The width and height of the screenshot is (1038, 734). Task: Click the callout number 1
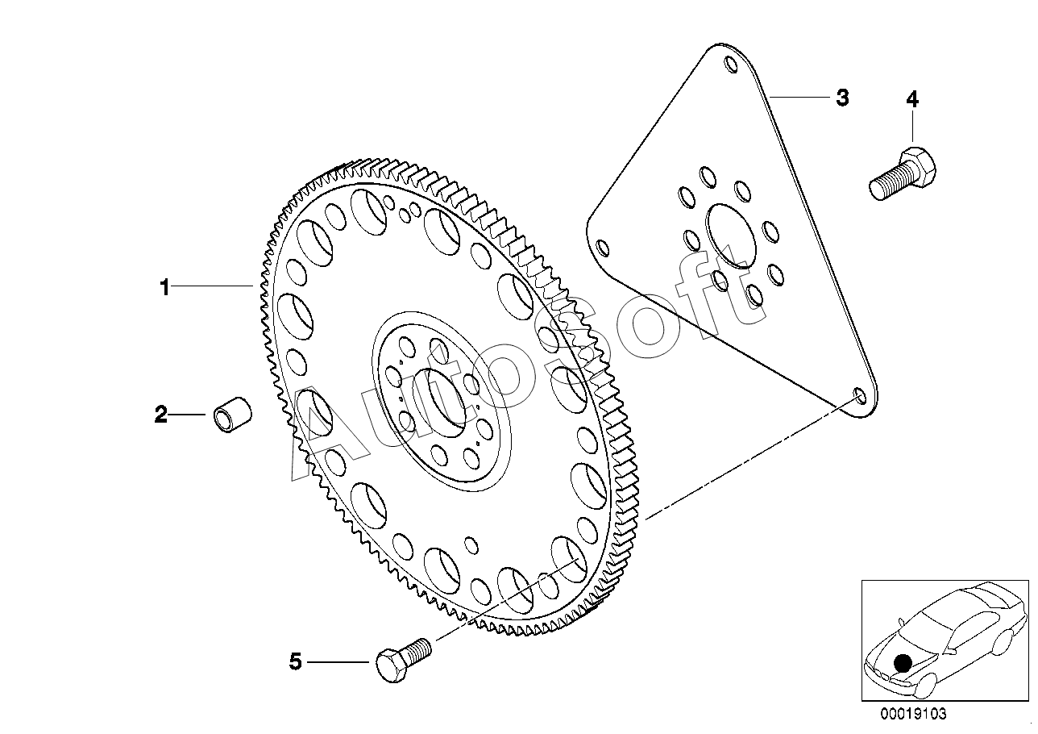click(x=164, y=287)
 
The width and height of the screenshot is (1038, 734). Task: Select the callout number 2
click(x=161, y=415)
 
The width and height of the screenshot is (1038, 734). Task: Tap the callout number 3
click(x=841, y=98)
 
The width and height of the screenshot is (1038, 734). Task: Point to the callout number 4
click(x=911, y=99)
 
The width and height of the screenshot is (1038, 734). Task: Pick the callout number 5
click(x=295, y=663)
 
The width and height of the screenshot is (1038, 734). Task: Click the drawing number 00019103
click(x=912, y=715)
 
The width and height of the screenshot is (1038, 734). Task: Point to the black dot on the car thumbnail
click(x=903, y=663)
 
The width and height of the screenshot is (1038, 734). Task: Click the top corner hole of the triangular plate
click(x=730, y=65)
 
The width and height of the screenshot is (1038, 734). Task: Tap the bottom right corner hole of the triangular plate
click(x=859, y=396)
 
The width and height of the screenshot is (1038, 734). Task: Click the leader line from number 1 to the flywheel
click(x=213, y=286)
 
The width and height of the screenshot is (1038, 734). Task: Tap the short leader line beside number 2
click(x=189, y=415)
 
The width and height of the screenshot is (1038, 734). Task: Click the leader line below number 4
click(x=911, y=129)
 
